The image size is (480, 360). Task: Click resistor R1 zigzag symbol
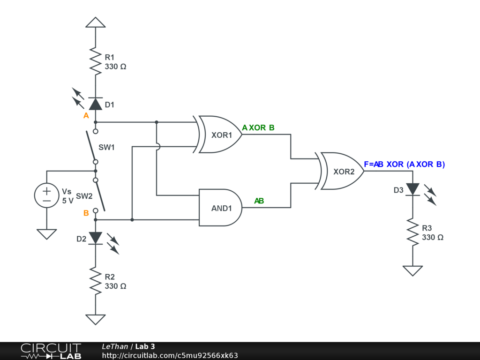[x=95, y=60]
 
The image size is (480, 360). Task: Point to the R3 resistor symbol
[x=412, y=232]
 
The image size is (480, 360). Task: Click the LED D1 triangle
[x=95, y=104]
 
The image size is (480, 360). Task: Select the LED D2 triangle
[x=95, y=238]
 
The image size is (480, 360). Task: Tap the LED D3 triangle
[x=412, y=189]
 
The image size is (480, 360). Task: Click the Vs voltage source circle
[x=47, y=195]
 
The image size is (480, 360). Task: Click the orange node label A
[x=86, y=116]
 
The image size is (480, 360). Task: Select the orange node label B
[x=86, y=213]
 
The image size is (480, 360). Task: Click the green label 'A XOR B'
[x=258, y=127]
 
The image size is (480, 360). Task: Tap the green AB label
[x=259, y=201]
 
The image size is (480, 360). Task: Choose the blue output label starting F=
[x=404, y=164]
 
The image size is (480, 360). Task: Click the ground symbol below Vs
[x=47, y=233]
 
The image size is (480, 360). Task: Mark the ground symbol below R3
[x=412, y=270]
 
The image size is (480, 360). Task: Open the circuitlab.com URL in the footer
[x=170, y=355]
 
